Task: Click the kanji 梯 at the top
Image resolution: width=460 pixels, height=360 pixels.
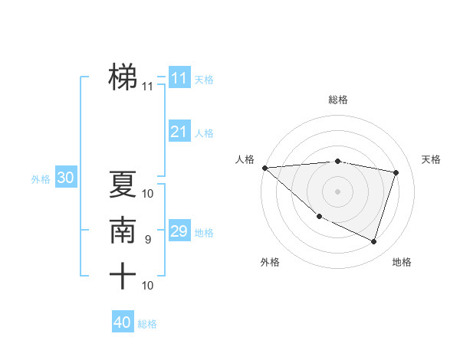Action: coord(123,77)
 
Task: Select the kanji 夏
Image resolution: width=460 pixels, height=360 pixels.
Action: coord(123,185)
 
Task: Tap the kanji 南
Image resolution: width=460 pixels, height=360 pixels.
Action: coord(123,231)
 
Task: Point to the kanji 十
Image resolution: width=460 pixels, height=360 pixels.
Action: coord(123,276)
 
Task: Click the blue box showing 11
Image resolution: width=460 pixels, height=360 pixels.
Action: coord(179,78)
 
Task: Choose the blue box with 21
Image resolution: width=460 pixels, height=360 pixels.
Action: coord(179,132)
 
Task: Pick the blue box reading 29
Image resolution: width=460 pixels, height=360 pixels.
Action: coord(179,231)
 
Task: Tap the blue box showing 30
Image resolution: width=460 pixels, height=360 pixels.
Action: coord(65,178)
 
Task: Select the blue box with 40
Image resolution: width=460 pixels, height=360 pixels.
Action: coord(122,322)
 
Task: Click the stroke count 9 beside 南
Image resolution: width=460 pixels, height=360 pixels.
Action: coord(147,240)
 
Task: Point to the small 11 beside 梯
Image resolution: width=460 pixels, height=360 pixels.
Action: coord(147,87)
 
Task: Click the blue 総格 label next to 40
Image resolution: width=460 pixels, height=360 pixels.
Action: coord(147,324)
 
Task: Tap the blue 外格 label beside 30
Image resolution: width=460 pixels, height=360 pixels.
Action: coord(41,179)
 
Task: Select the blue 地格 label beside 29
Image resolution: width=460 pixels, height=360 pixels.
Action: coord(204,233)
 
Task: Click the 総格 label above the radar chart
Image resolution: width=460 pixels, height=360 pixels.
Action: coord(337,100)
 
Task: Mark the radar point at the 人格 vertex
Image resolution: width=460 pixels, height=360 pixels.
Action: coord(264,168)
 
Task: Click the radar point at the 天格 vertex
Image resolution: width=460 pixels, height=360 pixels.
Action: coord(396,172)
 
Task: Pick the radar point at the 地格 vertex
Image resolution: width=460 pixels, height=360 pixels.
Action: coord(373,241)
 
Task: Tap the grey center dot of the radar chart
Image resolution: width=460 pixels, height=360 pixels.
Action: coord(337,191)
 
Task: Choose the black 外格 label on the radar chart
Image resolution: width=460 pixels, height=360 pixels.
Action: coord(270,262)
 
